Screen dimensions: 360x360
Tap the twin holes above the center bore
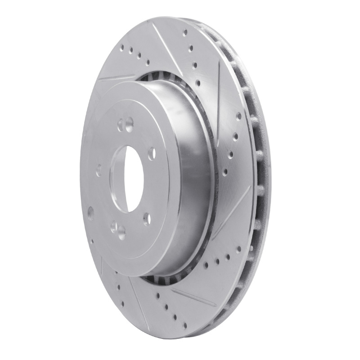126,122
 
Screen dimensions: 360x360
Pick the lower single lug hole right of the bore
146,219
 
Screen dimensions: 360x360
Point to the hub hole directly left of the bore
99,170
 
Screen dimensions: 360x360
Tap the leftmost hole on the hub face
90,211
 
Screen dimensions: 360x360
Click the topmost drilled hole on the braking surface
185,32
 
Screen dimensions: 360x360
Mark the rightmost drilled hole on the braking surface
238,116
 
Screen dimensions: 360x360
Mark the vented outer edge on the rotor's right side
256,180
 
